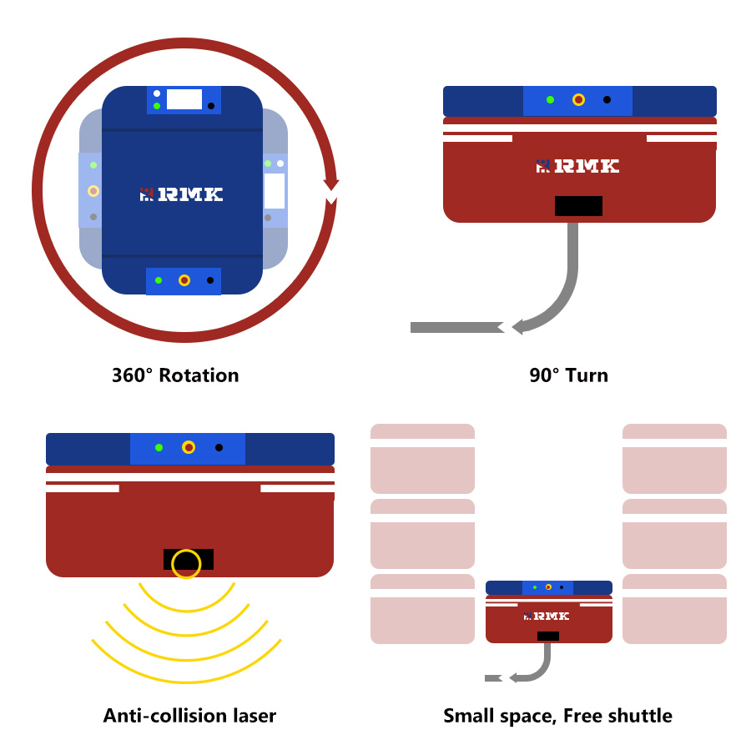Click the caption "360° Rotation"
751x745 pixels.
coord(175,375)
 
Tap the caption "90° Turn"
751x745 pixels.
coord(568,375)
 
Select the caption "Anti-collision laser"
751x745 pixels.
coord(189,715)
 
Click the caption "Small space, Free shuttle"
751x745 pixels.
coord(557,715)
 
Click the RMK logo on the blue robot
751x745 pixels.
coord(181,194)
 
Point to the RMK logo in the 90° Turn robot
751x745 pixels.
coord(577,166)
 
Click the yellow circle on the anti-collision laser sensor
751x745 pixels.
coord(186,563)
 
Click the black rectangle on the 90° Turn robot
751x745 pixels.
coord(578,206)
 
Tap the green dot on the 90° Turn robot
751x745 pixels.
coord(550,100)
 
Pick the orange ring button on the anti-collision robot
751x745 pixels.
coord(189,448)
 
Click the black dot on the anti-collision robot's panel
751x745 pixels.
coord(219,448)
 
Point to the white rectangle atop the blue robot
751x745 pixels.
coord(184,99)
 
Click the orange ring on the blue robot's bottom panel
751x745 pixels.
coord(184,280)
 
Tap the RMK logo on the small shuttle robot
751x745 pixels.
coord(547,616)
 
